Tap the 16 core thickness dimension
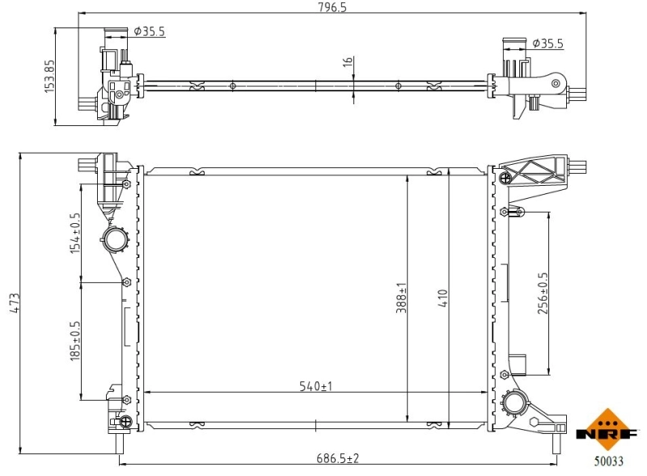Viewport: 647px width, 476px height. (346, 62)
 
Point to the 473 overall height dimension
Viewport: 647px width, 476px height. (14, 303)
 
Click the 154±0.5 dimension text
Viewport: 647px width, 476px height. (75, 233)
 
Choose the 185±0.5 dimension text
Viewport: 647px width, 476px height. (75, 340)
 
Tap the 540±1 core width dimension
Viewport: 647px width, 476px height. (316, 386)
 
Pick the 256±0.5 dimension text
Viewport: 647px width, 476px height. (543, 293)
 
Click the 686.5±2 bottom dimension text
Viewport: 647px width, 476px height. (338, 458)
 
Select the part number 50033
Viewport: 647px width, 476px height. (608, 461)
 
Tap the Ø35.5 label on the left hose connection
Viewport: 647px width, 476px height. (150, 32)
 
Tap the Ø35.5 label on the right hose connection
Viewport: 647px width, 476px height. (548, 44)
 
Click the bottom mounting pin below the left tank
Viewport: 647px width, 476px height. (120, 443)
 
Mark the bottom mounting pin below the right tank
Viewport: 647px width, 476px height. (556, 443)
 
